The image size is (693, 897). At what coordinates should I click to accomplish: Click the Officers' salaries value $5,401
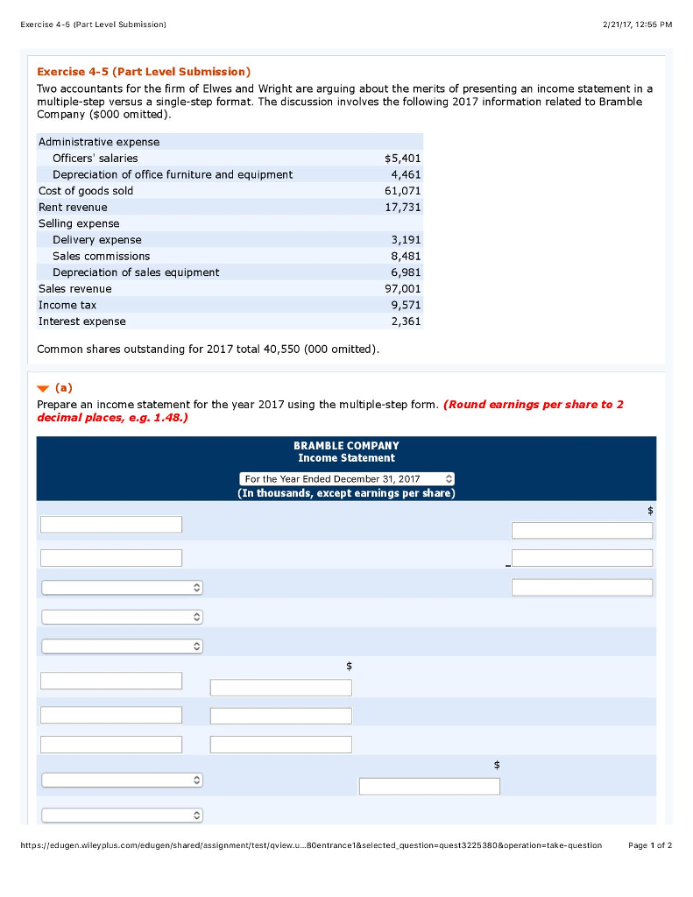tap(403, 159)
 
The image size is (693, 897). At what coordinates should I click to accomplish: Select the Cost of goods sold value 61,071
tap(404, 191)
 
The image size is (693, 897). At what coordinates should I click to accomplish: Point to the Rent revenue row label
tap(73, 208)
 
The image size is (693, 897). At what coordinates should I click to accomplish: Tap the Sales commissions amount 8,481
tap(406, 257)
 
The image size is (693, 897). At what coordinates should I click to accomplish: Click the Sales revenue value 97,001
tap(403, 289)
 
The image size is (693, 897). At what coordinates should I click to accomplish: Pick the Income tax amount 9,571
tap(406, 305)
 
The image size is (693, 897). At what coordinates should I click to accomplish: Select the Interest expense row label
tap(81, 321)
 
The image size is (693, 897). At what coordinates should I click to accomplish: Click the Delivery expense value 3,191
tap(406, 240)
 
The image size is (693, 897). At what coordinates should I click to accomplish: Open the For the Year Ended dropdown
tap(347, 479)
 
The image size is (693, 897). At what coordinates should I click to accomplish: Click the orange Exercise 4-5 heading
tap(144, 71)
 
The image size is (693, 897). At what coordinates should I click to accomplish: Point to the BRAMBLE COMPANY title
tap(346, 446)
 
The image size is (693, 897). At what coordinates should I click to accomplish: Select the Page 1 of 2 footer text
tap(650, 845)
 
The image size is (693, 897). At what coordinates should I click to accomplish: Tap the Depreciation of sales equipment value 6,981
tap(406, 272)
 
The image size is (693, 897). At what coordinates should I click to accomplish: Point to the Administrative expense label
tap(99, 142)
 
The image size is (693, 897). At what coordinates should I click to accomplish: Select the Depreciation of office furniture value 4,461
tap(406, 174)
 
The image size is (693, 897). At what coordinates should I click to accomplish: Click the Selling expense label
tap(79, 223)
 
